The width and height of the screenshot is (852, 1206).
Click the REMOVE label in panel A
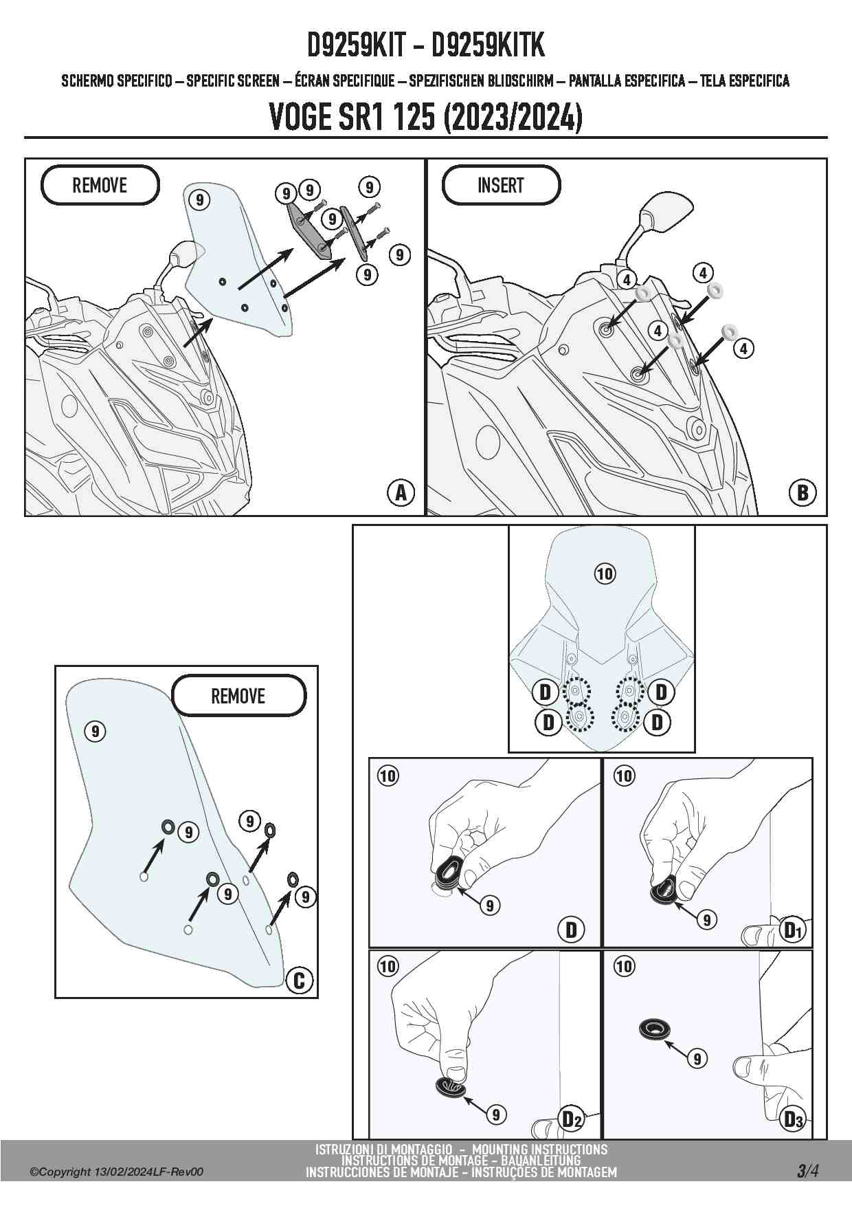pos(100,185)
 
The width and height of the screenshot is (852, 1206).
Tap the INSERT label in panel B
pos(500,185)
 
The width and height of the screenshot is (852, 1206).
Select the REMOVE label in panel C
pos(238,696)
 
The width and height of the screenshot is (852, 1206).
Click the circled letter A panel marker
pos(401,492)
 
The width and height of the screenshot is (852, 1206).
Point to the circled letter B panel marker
pos(802,492)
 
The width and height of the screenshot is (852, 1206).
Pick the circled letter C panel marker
pos(298,979)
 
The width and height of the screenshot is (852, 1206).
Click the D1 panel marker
pos(793,930)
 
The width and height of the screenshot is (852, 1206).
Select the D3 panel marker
pos(793,1119)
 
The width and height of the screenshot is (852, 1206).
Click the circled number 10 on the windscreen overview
pos(605,573)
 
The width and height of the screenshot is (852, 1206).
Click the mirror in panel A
pos(183,255)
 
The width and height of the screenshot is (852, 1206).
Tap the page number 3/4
pos(808,1171)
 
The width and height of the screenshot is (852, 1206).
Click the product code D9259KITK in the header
pos(487,46)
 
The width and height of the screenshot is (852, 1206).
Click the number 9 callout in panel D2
pos(496,1115)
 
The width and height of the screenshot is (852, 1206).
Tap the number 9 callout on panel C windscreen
pos(96,731)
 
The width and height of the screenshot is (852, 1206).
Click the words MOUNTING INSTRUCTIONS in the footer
pos(539,1149)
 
